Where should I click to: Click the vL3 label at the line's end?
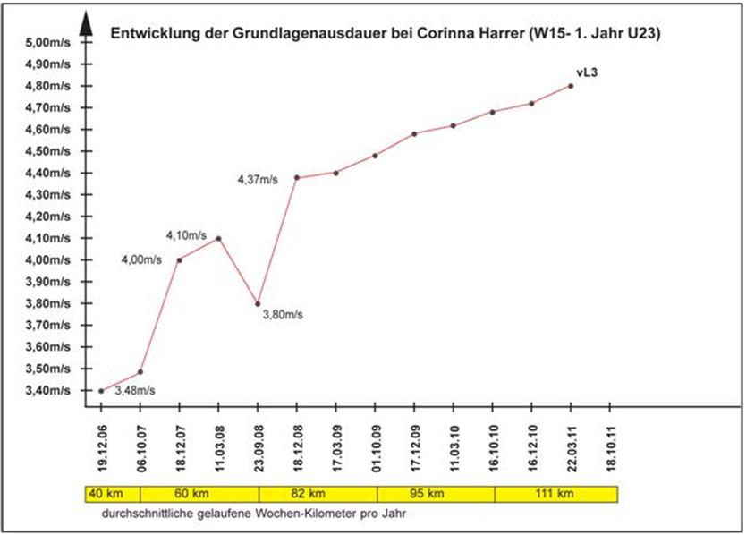(585, 72)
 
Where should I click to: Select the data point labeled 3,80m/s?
(258, 303)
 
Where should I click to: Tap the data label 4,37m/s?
(258, 180)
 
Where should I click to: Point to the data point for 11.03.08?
(218, 238)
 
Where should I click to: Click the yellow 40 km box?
(101, 493)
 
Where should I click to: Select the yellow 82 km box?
(318, 493)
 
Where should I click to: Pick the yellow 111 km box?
(555, 493)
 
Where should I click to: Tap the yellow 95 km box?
(436, 493)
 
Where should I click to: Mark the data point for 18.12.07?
(180, 260)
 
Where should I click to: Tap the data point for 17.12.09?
(414, 134)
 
